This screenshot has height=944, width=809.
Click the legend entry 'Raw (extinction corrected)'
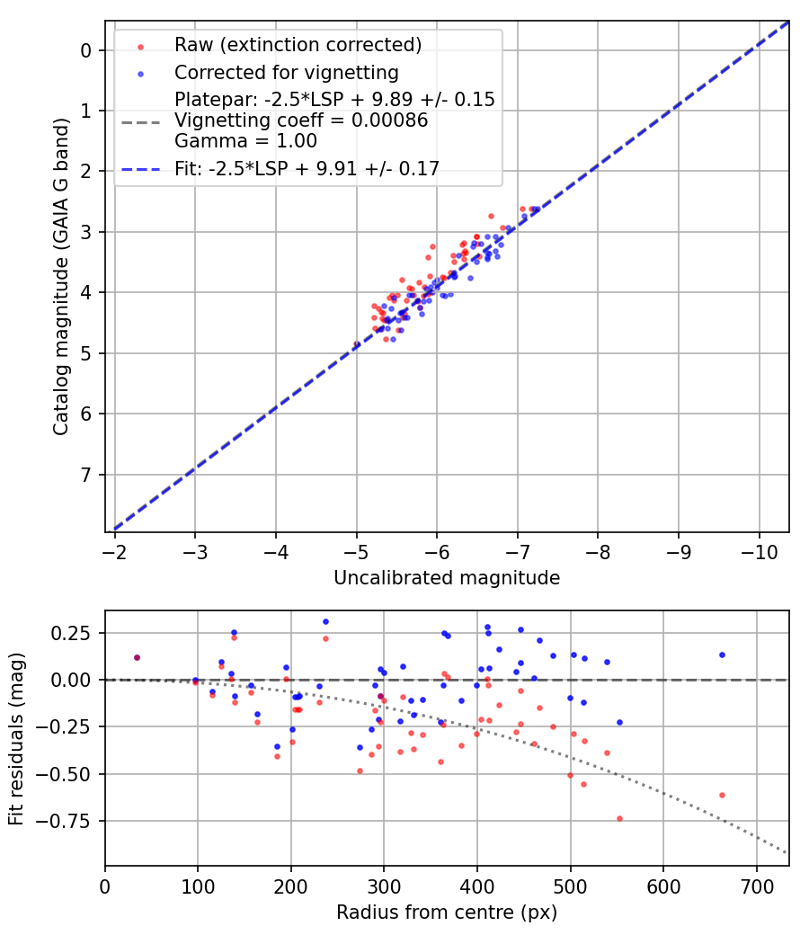298,45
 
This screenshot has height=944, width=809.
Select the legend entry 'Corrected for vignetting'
286,72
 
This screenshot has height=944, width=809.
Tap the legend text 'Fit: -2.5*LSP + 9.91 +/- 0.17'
307,168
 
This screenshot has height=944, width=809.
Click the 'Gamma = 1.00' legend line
245,140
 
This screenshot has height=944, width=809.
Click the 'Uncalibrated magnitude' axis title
447,578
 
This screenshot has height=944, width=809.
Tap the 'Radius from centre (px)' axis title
447,913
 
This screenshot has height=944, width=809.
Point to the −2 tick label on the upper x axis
114,550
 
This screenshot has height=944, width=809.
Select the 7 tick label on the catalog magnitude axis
86,475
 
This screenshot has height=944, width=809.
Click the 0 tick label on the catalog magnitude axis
86,50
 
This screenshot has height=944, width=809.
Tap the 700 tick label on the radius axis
756,886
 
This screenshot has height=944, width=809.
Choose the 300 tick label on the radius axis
384,886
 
